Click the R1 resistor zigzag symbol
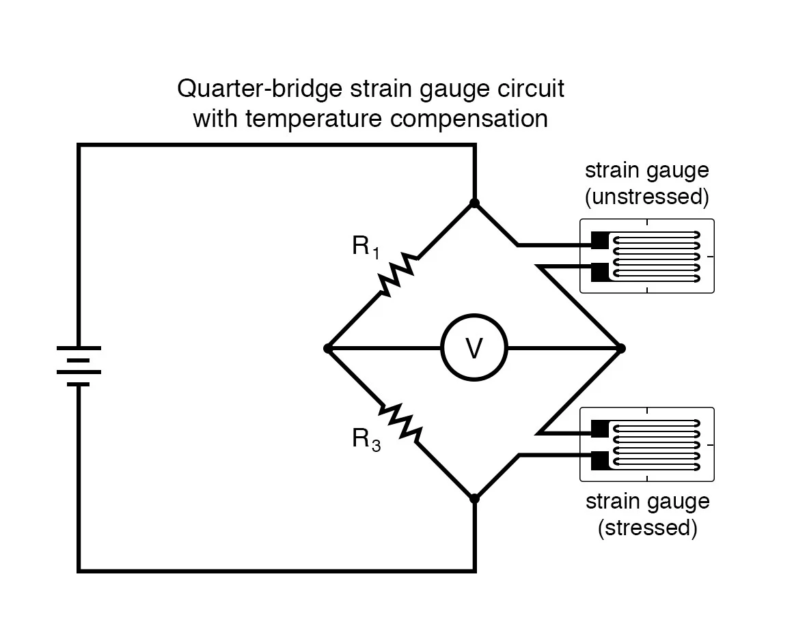point(398,274)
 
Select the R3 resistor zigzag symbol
point(401,423)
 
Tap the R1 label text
point(366,247)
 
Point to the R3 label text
point(366,440)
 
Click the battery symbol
point(79,366)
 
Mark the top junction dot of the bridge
point(474,203)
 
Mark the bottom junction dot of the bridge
point(474,498)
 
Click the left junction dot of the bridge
point(328,348)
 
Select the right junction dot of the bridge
point(620,348)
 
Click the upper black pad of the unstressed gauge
point(599,240)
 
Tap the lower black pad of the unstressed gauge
point(599,272)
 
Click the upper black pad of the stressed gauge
point(599,429)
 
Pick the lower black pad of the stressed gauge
point(599,460)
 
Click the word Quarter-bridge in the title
point(260,89)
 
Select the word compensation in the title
point(469,119)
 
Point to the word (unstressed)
point(647,197)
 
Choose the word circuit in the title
point(531,89)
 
